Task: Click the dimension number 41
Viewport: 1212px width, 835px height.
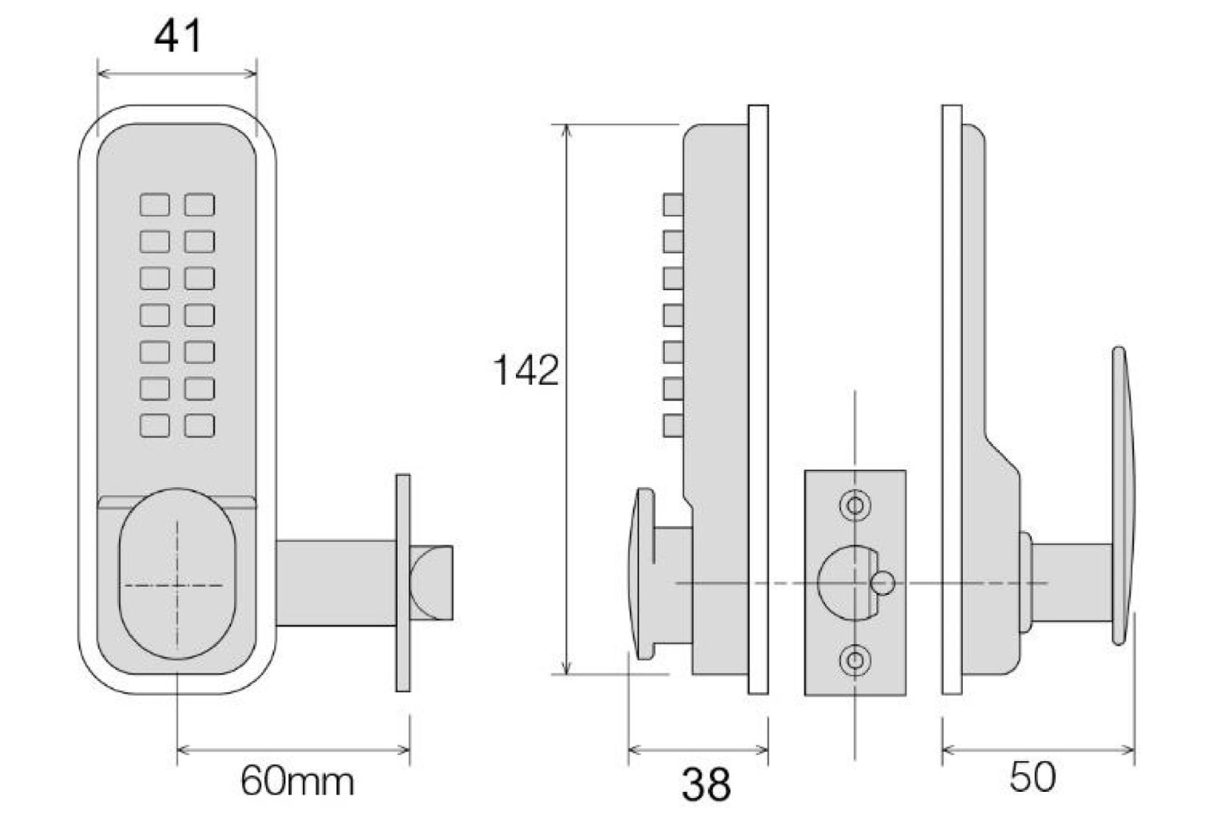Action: [178, 36]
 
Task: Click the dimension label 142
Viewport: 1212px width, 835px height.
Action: [526, 370]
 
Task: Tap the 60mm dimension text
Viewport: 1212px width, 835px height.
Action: [297, 781]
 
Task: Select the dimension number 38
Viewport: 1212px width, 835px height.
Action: [706, 785]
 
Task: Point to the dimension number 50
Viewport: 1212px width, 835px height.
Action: [1032, 777]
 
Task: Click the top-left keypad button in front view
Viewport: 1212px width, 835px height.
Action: [155, 205]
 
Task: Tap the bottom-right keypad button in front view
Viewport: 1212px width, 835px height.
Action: [200, 425]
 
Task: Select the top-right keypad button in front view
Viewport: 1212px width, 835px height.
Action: [200, 205]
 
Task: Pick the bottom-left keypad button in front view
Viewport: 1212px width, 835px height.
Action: [155, 425]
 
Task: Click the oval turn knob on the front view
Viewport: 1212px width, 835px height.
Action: [177, 574]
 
